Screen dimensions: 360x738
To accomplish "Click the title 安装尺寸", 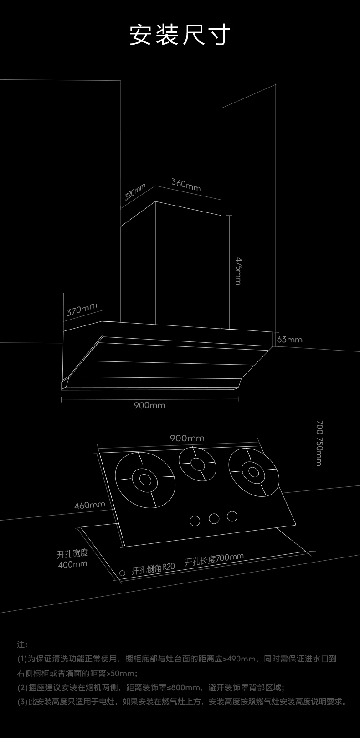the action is tap(180, 35).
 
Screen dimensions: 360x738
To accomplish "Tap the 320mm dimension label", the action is tap(135, 192).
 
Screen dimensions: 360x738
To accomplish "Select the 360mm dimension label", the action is tap(186, 185).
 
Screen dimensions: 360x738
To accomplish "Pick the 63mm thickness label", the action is tap(289, 339).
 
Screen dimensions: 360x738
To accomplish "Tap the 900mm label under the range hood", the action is tap(149, 405).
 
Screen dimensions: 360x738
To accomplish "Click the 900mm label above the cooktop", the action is tap(187, 438).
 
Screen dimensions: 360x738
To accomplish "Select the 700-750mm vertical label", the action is tap(319, 443).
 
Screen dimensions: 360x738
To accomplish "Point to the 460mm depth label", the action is tap(90, 505).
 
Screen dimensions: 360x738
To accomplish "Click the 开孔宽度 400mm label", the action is tap(72, 559).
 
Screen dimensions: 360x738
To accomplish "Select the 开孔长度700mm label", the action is tap(214, 559).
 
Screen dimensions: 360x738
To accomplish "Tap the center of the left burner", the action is tap(145, 480).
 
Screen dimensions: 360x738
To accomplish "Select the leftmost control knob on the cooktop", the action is tap(195, 521).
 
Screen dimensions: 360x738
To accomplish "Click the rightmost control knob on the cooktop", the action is tap(232, 516).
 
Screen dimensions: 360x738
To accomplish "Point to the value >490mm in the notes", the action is tap(239, 659).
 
